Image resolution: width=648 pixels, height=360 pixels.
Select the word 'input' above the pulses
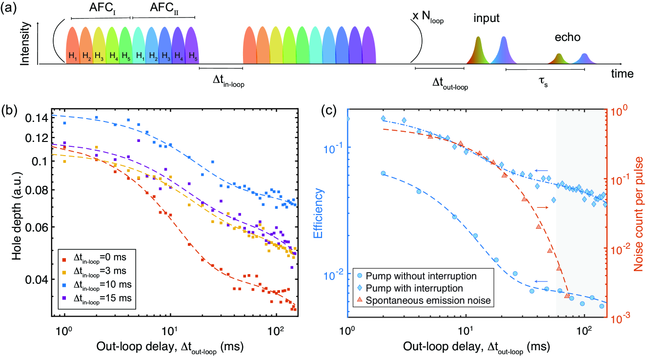tap(488, 19)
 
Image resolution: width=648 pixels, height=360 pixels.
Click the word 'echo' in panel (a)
tap(567, 38)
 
